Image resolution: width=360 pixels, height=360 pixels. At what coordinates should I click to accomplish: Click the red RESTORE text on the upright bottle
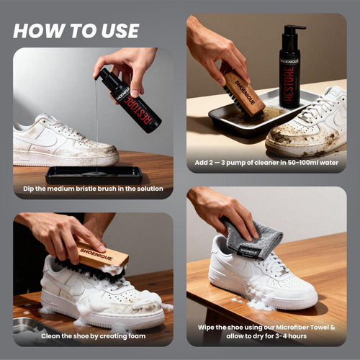289,84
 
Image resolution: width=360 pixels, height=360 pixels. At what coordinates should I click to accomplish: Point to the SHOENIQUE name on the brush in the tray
245,92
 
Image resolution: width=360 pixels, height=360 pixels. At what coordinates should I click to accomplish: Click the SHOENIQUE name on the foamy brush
96,254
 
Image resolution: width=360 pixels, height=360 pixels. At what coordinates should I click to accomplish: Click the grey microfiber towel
254,238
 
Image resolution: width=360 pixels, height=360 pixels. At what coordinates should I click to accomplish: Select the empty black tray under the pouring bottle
94,175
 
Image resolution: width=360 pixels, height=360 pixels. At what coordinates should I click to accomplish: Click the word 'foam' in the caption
135,336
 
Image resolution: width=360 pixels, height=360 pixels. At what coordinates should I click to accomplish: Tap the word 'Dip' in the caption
29,189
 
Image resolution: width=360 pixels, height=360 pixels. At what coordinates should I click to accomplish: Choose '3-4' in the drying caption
283,336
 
